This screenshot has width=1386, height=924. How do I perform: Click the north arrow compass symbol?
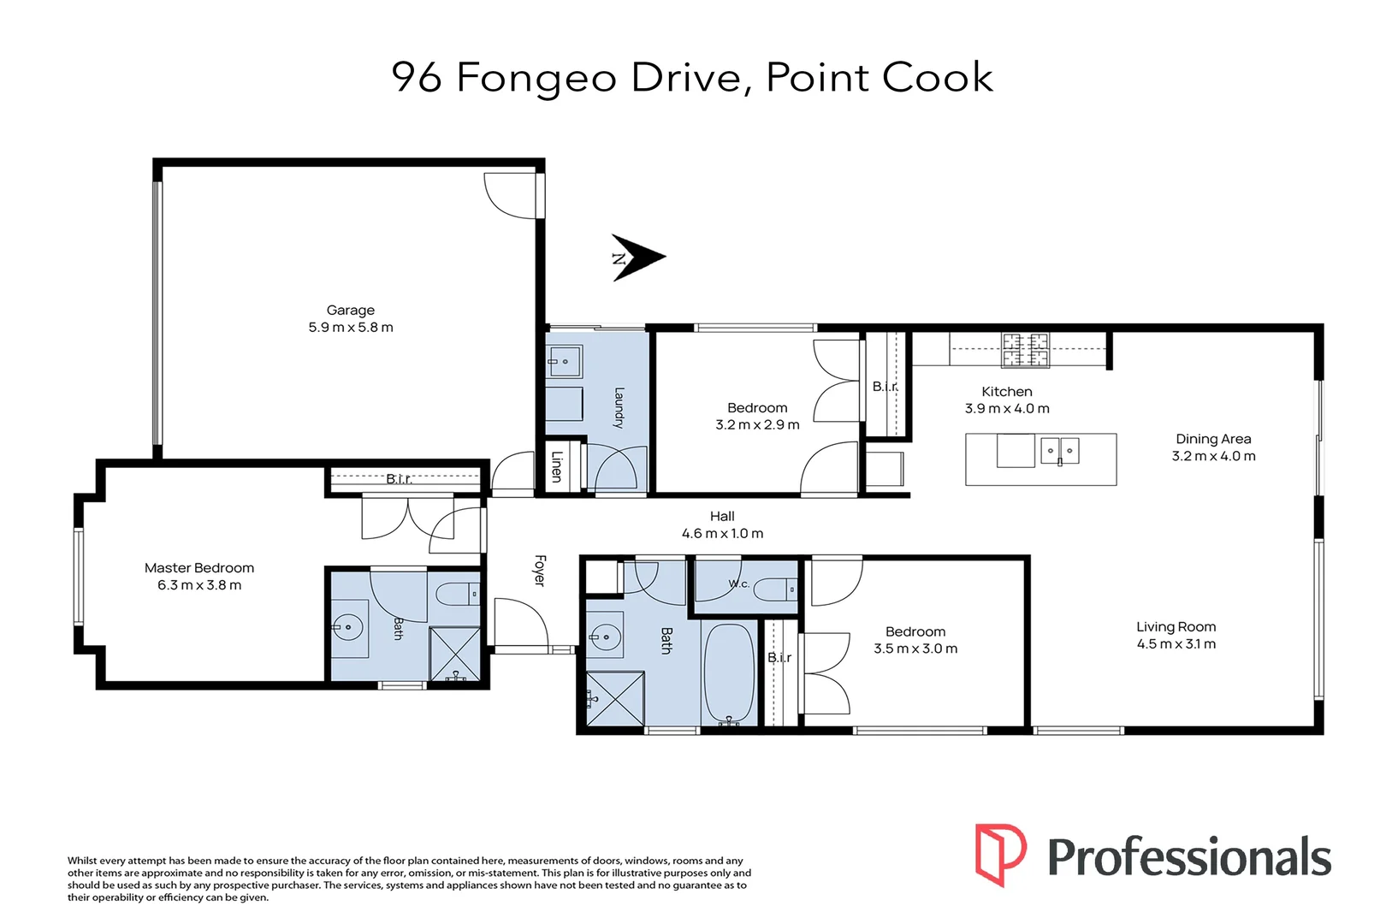pyautogui.click(x=638, y=258)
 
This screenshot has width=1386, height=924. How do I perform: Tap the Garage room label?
pyautogui.click(x=350, y=310)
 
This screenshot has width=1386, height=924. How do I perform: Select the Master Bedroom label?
pyautogui.click(x=199, y=568)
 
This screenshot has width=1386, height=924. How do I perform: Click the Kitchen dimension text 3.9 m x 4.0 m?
pyautogui.click(x=1007, y=408)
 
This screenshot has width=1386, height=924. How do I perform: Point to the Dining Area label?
pyautogui.click(x=1213, y=439)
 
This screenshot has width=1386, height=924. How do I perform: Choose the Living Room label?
pyautogui.click(x=1176, y=627)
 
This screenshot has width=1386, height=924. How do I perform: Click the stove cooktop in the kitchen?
pyautogui.click(x=1026, y=350)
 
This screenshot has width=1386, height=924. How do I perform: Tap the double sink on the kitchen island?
pyautogui.click(x=1060, y=451)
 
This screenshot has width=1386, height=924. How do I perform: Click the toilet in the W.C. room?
pyautogui.click(x=774, y=589)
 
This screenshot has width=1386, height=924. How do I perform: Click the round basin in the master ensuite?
pyautogui.click(x=349, y=628)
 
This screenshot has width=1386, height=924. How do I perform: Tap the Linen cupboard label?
pyautogui.click(x=556, y=466)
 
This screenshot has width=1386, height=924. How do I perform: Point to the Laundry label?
pyautogui.click(x=619, y=407)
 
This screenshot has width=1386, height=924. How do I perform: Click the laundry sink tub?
pyautogui.click(x=564, y=361)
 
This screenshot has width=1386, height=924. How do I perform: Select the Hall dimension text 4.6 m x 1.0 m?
pyautogui.click(x=722, y=534)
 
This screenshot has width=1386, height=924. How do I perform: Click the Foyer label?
pyautogui.click(x=540, y=571)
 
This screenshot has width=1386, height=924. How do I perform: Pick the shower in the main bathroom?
pyautogui.click(x=614, y=699)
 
